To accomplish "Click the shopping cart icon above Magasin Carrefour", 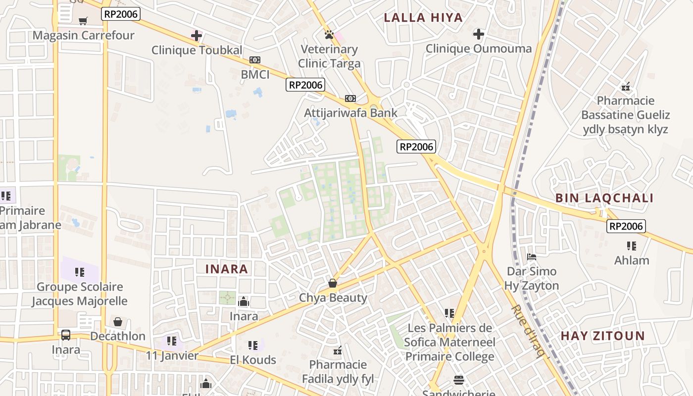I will click(83, 21).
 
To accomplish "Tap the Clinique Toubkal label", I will click(197, 50).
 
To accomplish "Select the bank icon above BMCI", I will click(255, 60).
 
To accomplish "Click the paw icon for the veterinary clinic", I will click(329, 35).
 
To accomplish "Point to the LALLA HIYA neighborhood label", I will click(423, 18).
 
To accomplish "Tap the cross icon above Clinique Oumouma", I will click(478, 34).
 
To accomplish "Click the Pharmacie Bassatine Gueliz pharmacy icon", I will click(626, 87).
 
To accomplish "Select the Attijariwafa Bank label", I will click(350, 113).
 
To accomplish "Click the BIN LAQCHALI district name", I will click(604, 198).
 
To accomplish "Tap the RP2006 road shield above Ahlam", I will click(626, 226).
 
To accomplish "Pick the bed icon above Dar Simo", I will click(532, 257).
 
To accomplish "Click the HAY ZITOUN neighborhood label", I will click(602, 336).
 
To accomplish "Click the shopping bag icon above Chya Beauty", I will click(333, 283).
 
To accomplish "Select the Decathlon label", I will click(118, 336).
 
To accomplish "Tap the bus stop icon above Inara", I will click(66, 335).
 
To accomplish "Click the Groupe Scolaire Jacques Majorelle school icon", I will click(79, 272).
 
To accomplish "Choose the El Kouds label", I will click(253, 359).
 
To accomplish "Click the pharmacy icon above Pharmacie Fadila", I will click(338, 350).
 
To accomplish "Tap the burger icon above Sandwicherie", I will click(459, 380).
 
